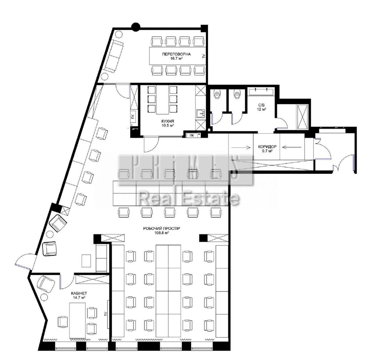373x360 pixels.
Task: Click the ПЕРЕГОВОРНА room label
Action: pyautogui.click(x=176, y=54)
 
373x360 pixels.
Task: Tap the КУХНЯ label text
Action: pyautogui.click(x=168, y=121)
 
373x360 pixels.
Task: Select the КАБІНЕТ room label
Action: pyautogui.click(x=79, y=293)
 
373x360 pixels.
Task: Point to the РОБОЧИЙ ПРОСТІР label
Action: pyautogui.click(x=162, y=228)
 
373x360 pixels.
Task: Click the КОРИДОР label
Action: pyautogui.click(x=267, y=147)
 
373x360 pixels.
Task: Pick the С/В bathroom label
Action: pyautogui.click(x=262, y=105)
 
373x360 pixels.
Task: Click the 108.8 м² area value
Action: pyautogui.click(x=162, y=233)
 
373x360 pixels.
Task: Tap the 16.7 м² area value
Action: pyautogui.click(x=176, y=58)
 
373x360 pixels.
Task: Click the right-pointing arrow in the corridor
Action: pyautogui.click(x=241, y=147)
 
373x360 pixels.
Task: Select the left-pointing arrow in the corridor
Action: pyautogui.click(x=292, y=147)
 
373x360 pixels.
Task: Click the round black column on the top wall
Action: pyautogui.click(x=136, y=27)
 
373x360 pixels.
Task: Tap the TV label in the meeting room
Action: pyautogui.click(x=204, y=56)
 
